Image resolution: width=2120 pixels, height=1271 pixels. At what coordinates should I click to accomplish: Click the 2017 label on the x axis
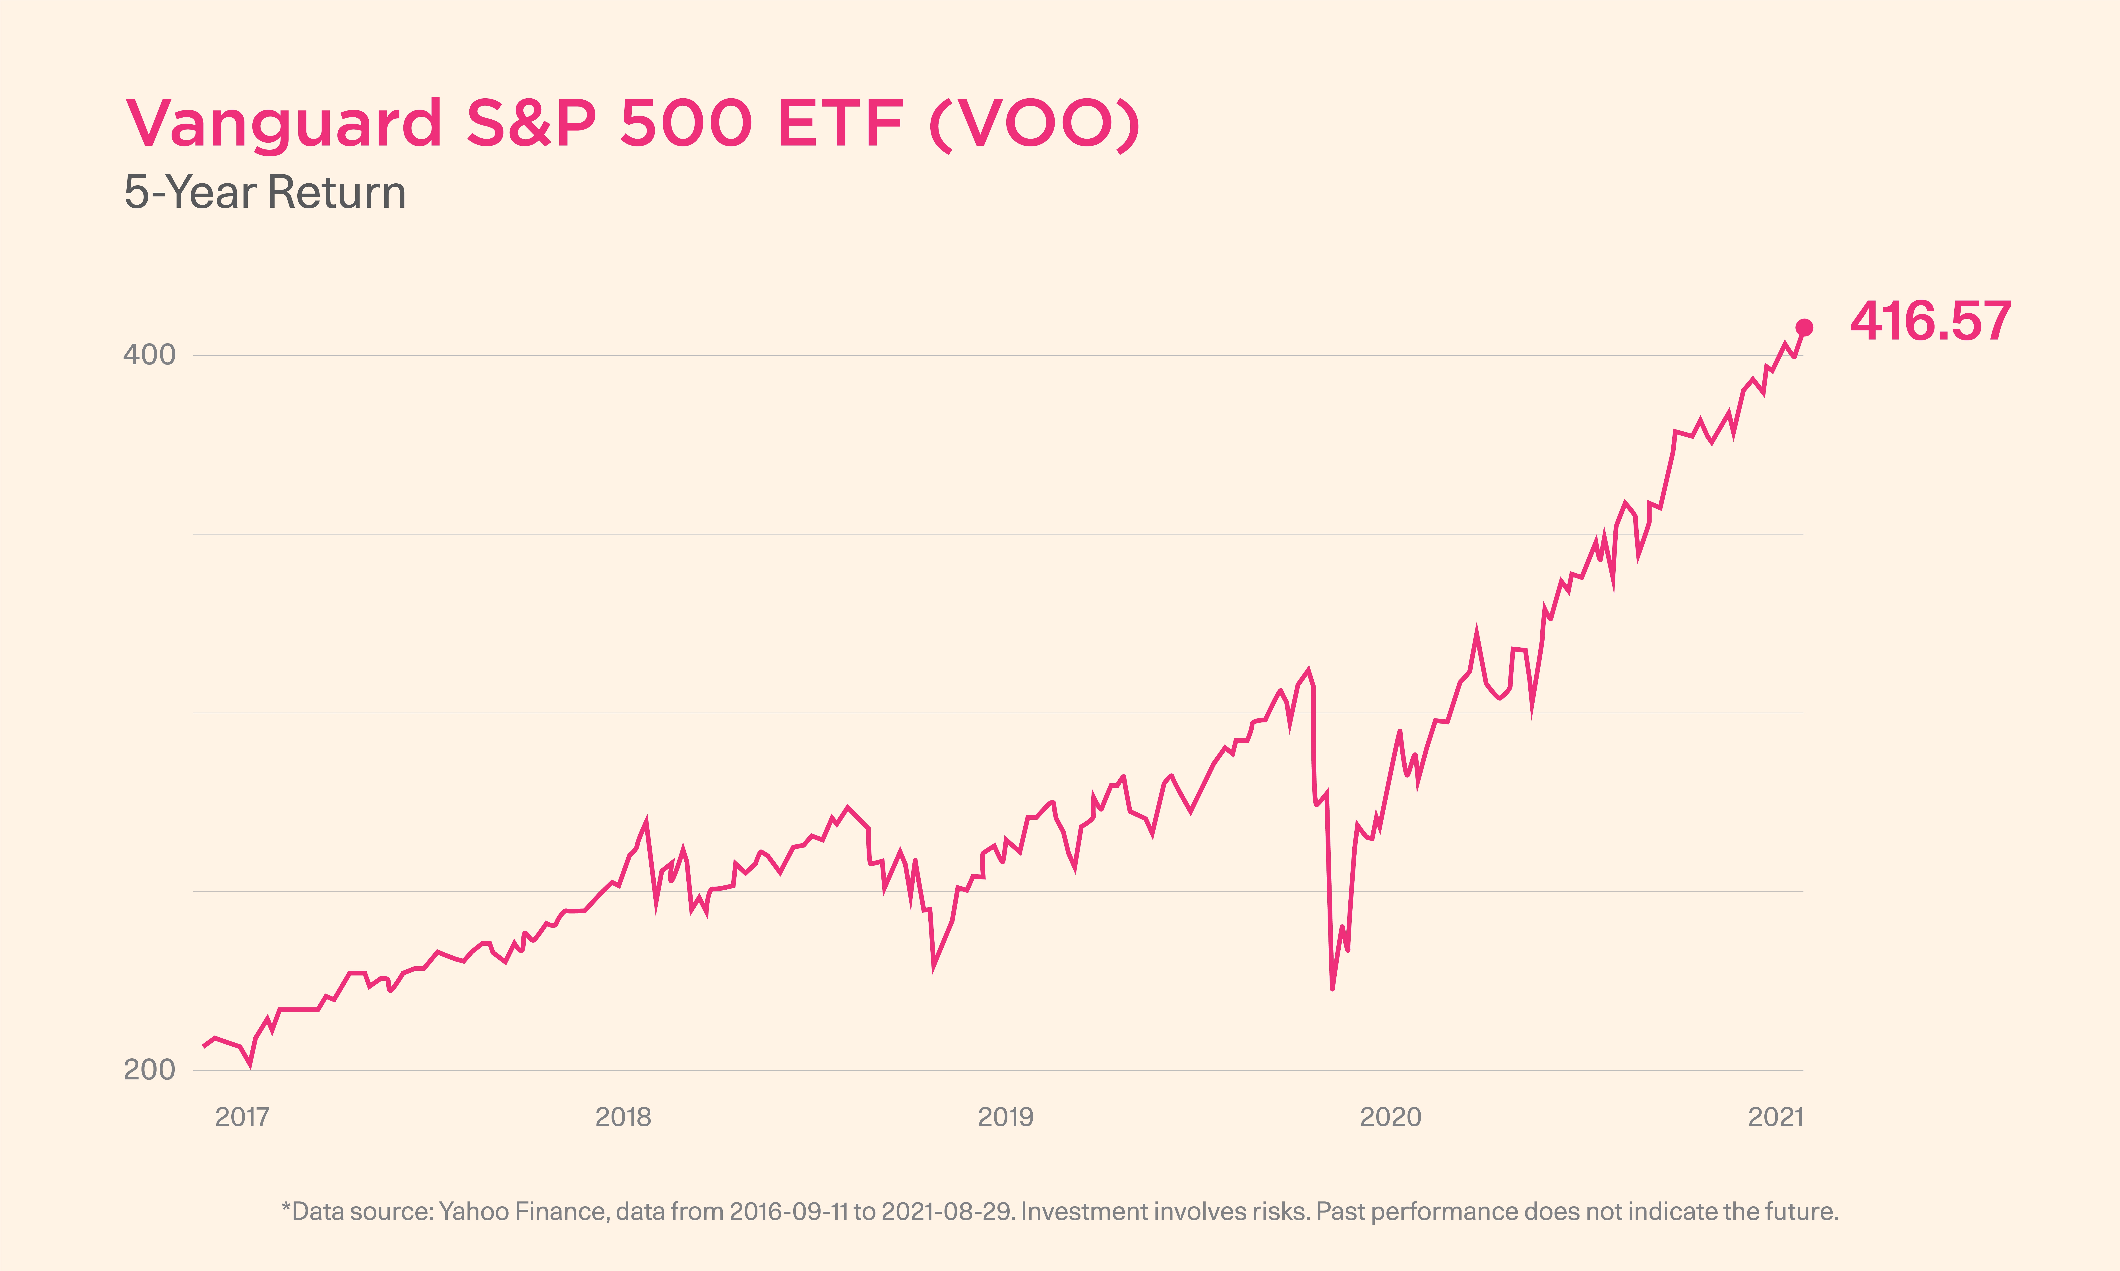pos(242,1117)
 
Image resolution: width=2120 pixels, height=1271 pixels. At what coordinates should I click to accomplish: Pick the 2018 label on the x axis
pos(623,1117)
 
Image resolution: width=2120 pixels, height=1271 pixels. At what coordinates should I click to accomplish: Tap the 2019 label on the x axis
pos(1006,1117)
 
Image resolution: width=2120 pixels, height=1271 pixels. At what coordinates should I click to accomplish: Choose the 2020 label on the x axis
pos(1390,1117)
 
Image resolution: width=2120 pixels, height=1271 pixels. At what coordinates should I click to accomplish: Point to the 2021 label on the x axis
pos(1776,1117)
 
